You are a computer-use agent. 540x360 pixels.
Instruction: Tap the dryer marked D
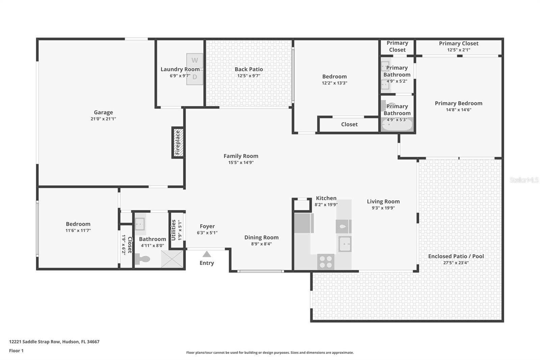[195, 77]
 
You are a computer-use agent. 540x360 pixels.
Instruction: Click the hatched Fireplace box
[178, 143]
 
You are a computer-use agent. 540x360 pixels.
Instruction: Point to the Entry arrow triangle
[207, 254]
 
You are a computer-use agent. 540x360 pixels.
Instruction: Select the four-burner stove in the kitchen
[326, 262]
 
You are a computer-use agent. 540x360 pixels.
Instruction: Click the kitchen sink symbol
[345, 244]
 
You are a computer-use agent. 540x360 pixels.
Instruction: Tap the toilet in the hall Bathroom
[143, 259]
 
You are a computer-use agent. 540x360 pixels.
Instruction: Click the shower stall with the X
[172, 259]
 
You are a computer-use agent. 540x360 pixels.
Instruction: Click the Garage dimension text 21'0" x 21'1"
[103, 119]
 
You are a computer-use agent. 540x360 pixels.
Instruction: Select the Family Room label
[241, 156]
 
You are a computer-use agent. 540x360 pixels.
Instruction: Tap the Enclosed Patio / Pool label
[456, 256]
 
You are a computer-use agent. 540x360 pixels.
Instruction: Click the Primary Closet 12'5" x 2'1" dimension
[459, 50]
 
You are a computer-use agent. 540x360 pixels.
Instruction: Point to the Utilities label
[173, 230]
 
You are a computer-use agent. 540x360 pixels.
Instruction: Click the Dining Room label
[261, 237]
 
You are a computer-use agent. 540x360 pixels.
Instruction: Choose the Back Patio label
[249, 69]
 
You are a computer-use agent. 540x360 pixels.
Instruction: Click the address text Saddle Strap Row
[42, 342]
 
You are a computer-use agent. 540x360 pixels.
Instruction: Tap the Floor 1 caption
[16, 351]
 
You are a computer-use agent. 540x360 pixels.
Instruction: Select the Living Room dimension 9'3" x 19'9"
[383, 208]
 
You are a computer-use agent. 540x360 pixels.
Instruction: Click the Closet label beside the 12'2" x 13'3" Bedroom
[349, 124]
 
